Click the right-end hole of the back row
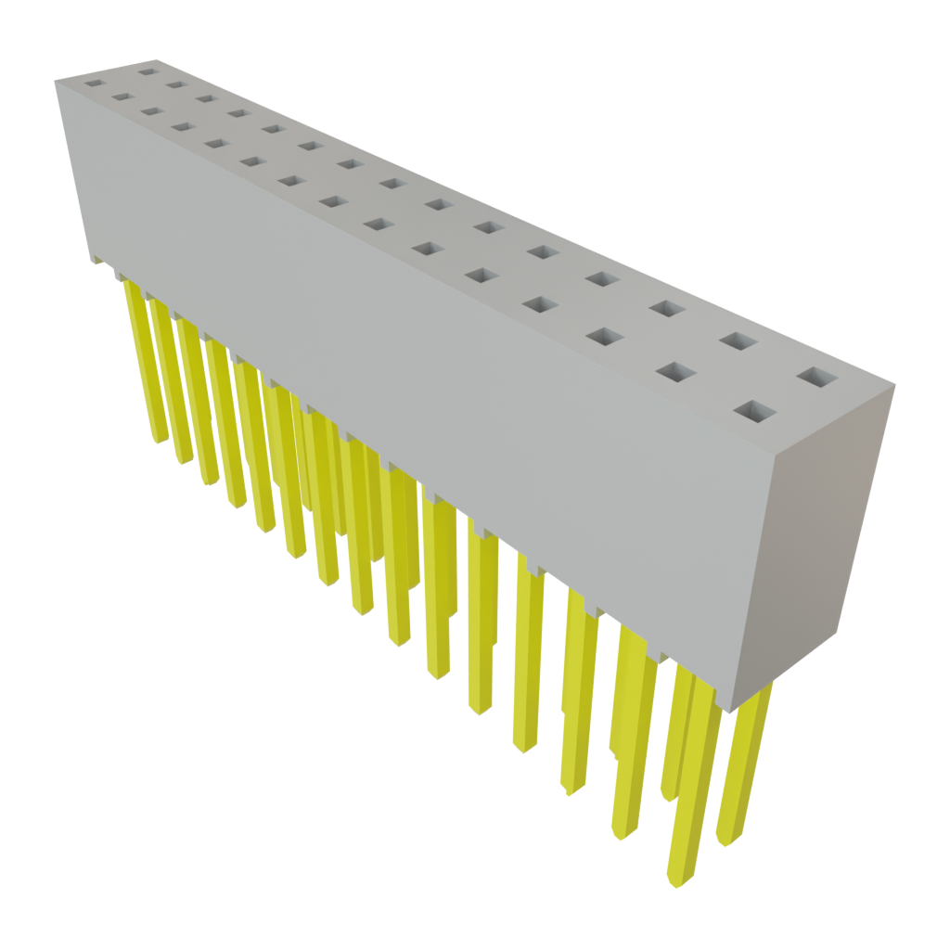click(816, 378)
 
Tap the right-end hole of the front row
click(756, 409)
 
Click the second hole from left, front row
click(121, 96)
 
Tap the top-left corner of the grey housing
click(56, 81)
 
